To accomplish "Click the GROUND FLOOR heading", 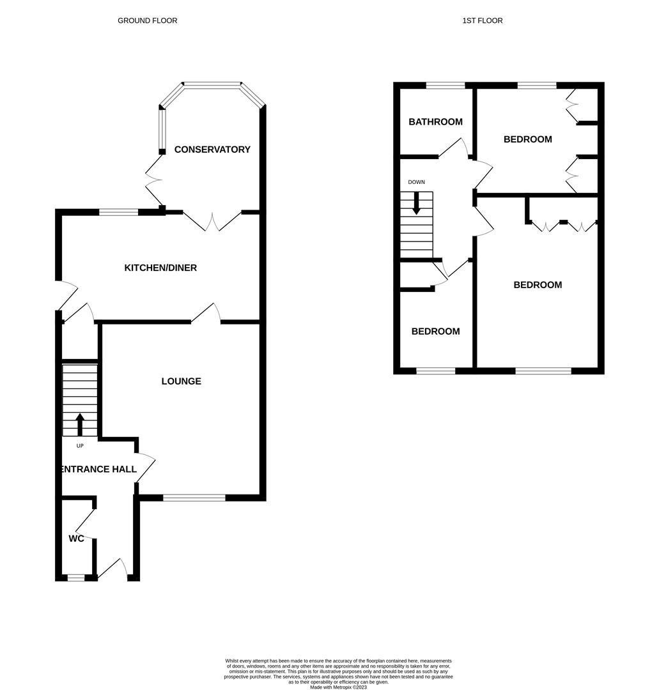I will coord(147,20).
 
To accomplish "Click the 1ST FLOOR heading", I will coord(483,20).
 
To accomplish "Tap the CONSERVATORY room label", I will coord(212,149).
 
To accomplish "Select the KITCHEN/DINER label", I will coord(160,268).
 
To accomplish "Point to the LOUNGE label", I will coord(181,381).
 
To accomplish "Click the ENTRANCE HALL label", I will coord(98,469).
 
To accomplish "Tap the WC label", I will coord(77,539).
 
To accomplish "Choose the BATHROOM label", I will coord(435,122).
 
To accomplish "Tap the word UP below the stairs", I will coord(80,446).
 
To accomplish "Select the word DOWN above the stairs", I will coord(416,182).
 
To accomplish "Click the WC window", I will coord(75,578).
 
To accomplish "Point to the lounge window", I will coord(194,497).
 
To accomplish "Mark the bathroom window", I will coord(446,85).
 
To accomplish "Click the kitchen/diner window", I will coord(118,212).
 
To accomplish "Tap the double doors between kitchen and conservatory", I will coord(213,221).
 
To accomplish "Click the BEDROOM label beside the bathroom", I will coord(527,139).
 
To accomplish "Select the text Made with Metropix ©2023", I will coord(338,687).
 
